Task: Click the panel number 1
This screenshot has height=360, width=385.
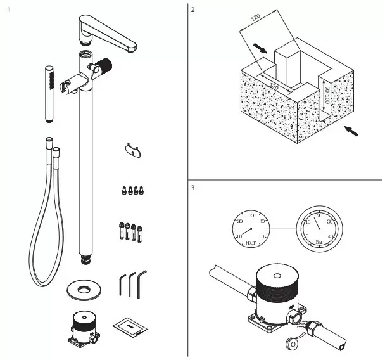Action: click(8, 11)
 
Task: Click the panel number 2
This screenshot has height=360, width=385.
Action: click(193, 11)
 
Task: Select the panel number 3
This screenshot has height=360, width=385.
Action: click(193, 188)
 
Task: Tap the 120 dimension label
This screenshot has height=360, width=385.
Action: click(255, 20)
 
